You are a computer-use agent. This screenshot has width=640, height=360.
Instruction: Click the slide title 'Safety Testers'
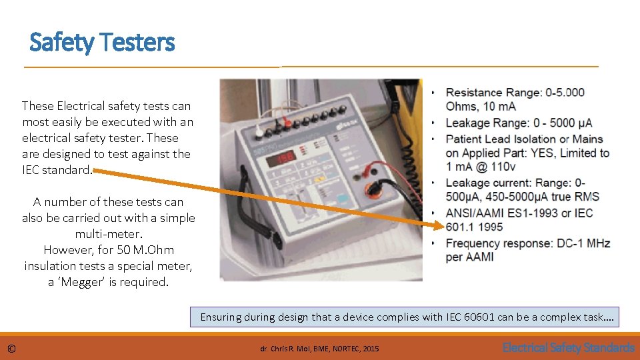(102, 43)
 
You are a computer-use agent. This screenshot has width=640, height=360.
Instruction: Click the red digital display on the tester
(283, 156)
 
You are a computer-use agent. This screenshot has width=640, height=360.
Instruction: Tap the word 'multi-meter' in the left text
(109, 234)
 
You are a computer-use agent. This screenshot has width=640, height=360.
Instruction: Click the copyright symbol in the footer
(11, 348)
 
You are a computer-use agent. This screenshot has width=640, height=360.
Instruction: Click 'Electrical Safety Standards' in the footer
(568, 347)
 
